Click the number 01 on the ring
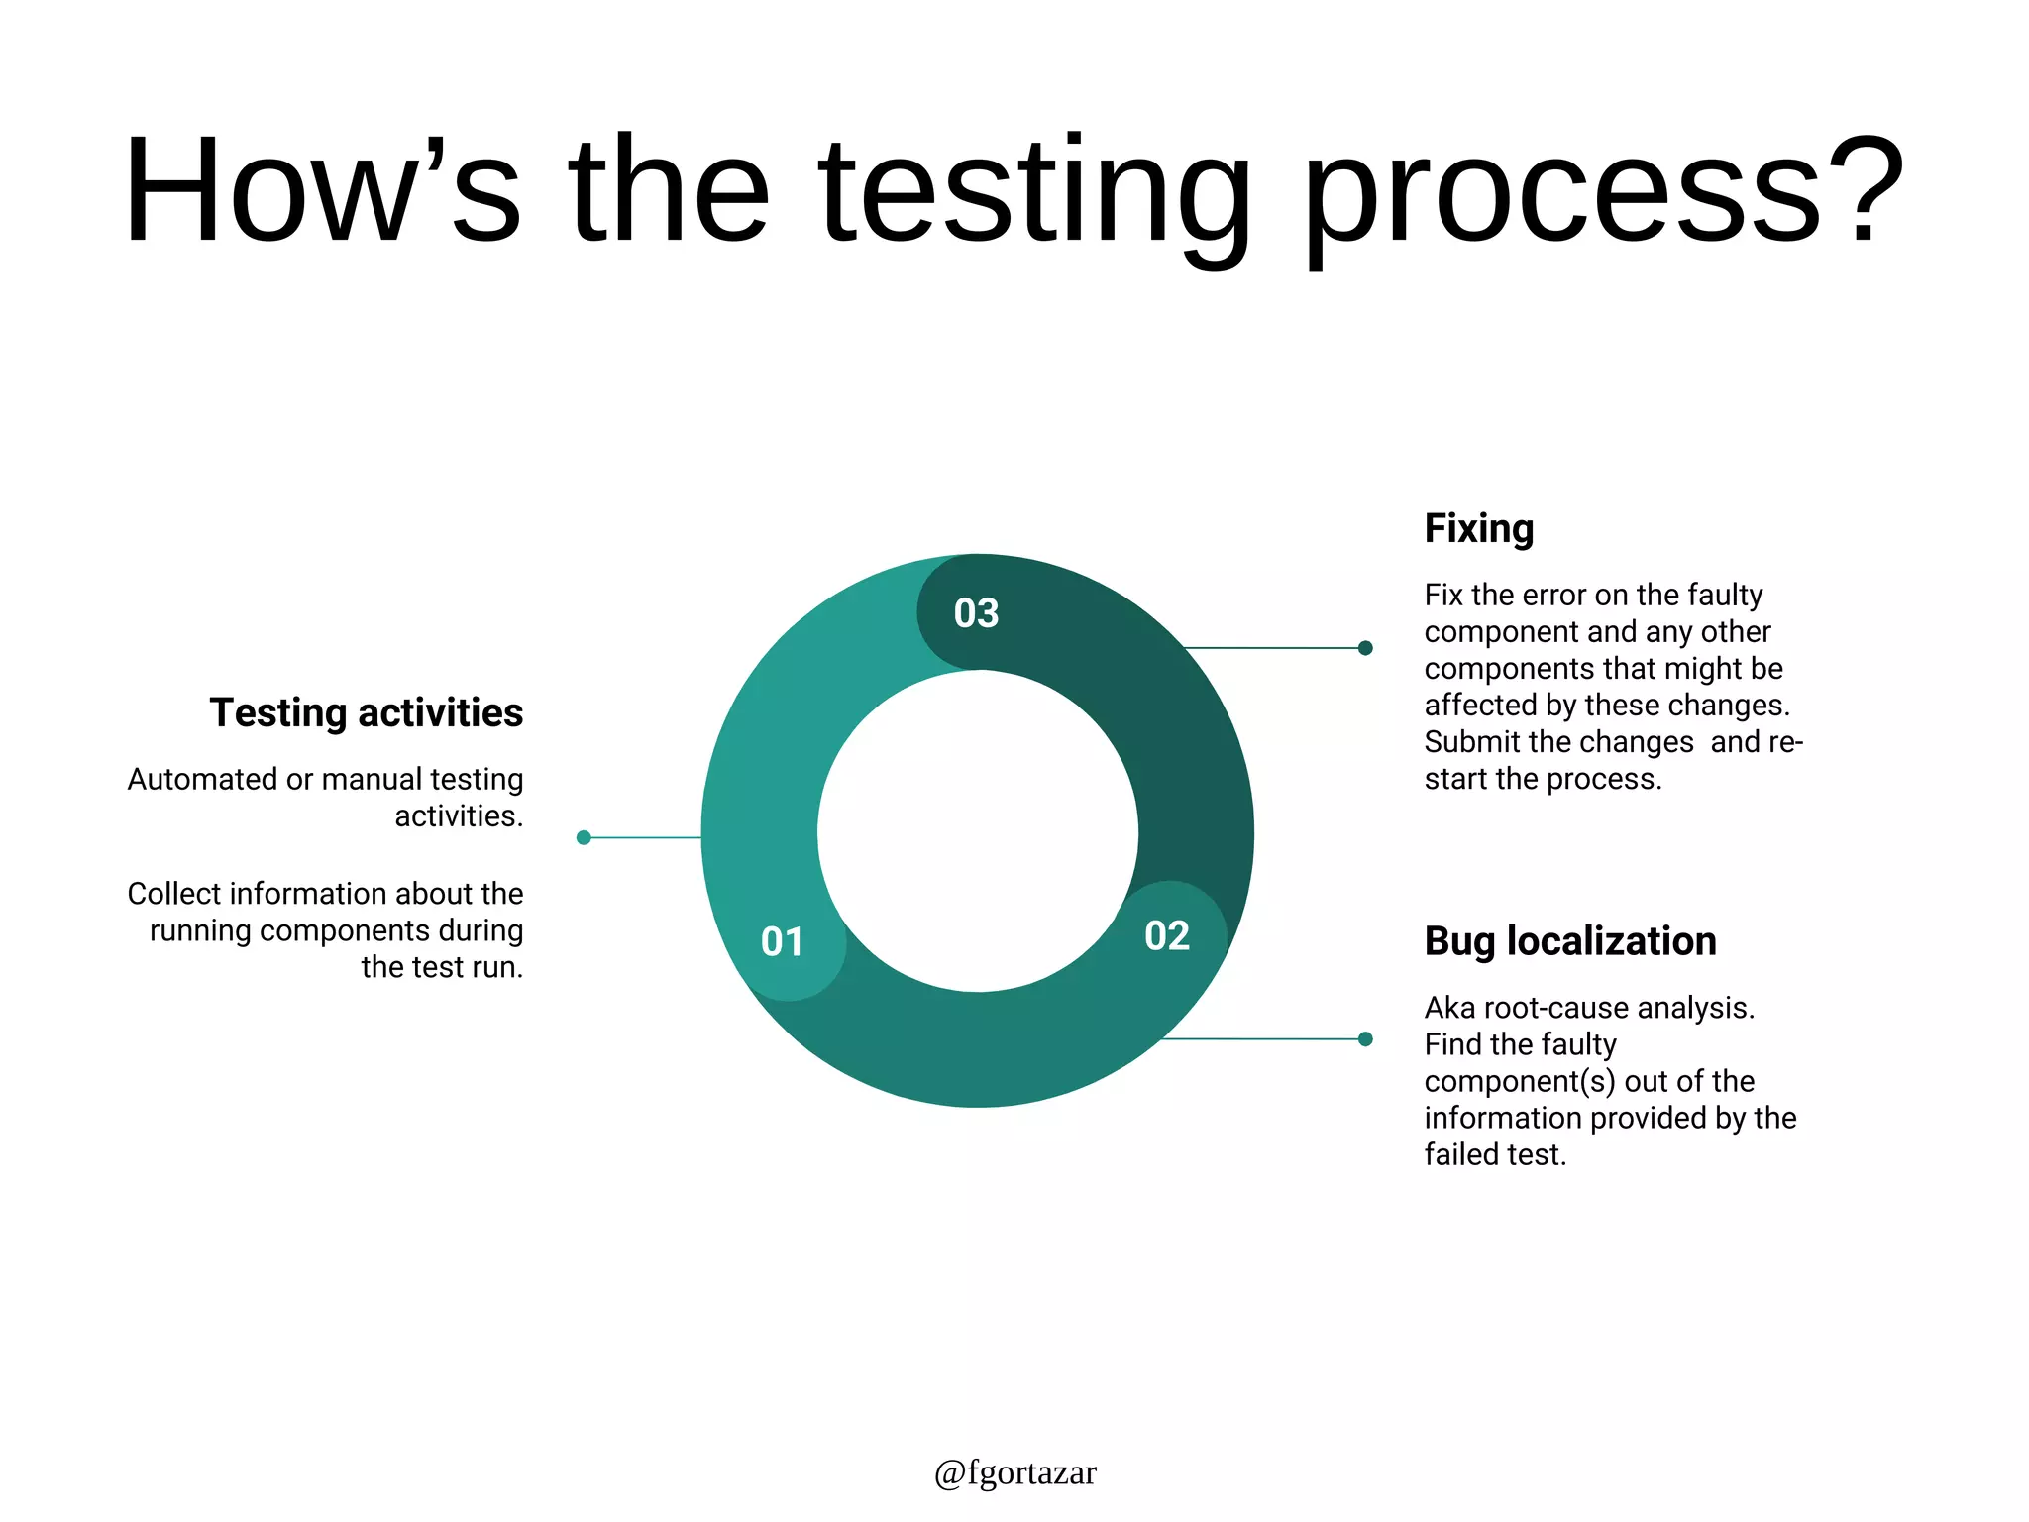(x=782, y=941)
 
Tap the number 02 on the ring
(x=1166, y=935)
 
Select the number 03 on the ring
(x=976, y=613)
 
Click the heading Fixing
(x=1478, y=529)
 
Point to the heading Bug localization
(x=1569, y=941)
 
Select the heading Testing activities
(x=366, y=712)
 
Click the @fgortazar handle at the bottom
(x=1014, y=1472)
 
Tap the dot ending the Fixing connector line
(x=1365, y=648)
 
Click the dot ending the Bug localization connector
(x=1365, y=1038)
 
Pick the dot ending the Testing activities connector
(x=584, y=837)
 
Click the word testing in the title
(x=1034, y=193)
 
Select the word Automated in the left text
(x=202, y=780)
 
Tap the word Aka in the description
(x=1449, y=1008)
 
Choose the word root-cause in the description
(x=1556, y=1008)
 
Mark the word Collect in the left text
(x=173, y=894)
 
